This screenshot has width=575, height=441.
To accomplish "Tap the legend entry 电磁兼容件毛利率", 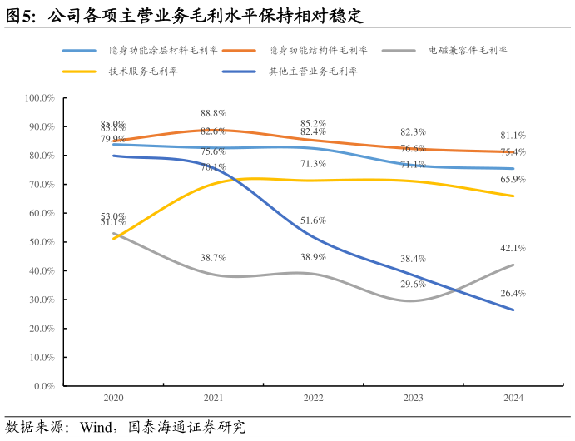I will coord(467,50).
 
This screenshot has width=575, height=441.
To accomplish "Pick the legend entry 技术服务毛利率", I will coord(142,72).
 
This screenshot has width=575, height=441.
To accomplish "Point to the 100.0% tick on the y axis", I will coord(38,98).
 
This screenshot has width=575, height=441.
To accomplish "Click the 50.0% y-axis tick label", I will coord(40,242).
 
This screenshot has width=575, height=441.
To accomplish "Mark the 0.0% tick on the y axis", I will coord(42,387).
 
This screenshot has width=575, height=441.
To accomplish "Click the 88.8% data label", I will coord(213,113).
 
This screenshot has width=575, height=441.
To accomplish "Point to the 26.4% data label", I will coord(513,293).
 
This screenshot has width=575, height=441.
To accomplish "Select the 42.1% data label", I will coord(513,248).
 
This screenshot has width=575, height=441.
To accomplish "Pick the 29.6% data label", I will coord(413,285).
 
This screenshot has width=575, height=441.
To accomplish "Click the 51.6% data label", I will coord(313,220).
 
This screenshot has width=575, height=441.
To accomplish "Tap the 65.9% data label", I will coord(513,179).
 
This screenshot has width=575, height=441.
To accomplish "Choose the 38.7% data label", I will coord(213,258).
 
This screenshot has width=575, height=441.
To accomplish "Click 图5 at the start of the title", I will coord(22,16).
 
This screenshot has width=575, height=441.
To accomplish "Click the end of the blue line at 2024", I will coord(513,310).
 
